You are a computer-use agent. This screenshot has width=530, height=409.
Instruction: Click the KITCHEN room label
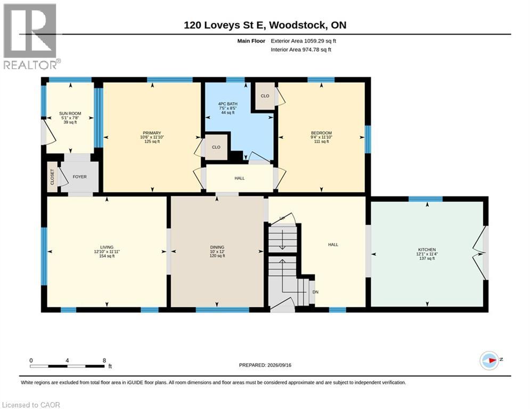pyautogui.click(x=427, y=249)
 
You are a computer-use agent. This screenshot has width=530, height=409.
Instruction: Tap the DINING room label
pyautogui.click(x=217, y=247)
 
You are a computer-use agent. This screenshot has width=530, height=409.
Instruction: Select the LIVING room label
pyautogui.click(x=107, y=247)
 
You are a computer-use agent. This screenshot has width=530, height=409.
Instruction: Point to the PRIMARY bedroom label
pyautogui.click(x=152, y=133)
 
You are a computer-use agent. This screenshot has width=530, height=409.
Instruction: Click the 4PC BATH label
pyautogui.click(x=228, y=104)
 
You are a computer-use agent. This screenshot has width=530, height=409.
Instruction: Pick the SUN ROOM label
pyautogui.click(x=70, y=113)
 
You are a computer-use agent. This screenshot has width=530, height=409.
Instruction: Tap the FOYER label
pyautogui.click(x=79, y=177)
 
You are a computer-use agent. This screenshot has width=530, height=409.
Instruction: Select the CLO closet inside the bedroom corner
pyautogui.click(x=265, y=96)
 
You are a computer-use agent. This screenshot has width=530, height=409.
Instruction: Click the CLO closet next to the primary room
pyautogui.click(x=216, y=147)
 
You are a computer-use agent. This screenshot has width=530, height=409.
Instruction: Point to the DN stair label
pyautogui.click(x=315, y=292)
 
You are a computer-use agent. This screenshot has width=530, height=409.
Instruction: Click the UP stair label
pyautogui.click(x=282, y=218)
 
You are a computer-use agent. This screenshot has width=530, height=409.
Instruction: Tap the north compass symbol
pyautogui.click(x=490, y=361)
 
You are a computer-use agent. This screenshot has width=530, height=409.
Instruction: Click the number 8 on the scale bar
pyautogui.click(x=104, y=361)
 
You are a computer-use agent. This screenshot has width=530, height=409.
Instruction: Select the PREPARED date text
pyautogui.click(x=265, y=365)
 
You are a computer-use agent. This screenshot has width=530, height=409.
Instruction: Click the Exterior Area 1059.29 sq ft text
pyautogui.click(x=303, y=41)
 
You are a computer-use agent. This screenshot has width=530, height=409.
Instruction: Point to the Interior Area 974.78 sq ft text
pyautogui.click(x=301, y=50)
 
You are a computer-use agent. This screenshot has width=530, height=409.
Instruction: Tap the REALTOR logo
pyautogui.click(x=31, y=37)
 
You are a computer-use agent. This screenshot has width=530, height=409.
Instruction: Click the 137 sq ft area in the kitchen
pyautogui.click(x=427, y=258)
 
